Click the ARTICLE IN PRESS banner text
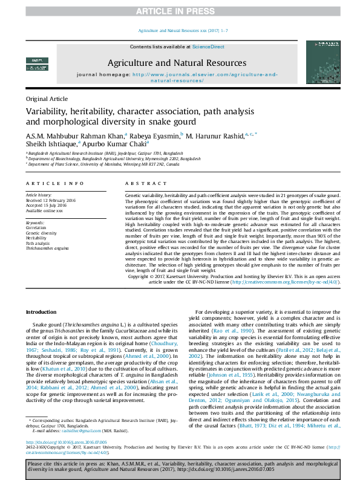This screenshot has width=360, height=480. pyautogui.click(x=180, y=11)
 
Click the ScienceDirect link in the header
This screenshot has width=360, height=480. pyautogui.click(x=208, y=47)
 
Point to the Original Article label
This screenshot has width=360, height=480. pyautogui.click(x=47, y=98)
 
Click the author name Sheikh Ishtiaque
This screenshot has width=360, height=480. pyautogui.click(x=51, y=145)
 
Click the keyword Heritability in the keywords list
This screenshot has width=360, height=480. pyautogui.click(x=36, y=238)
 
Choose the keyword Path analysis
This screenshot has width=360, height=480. pyautogui.click(x=38, y=243)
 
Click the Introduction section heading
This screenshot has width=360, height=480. pyautogui.click(x=41, y=311)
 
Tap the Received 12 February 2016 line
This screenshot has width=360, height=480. pyautogui.click(x=51, y=201)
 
